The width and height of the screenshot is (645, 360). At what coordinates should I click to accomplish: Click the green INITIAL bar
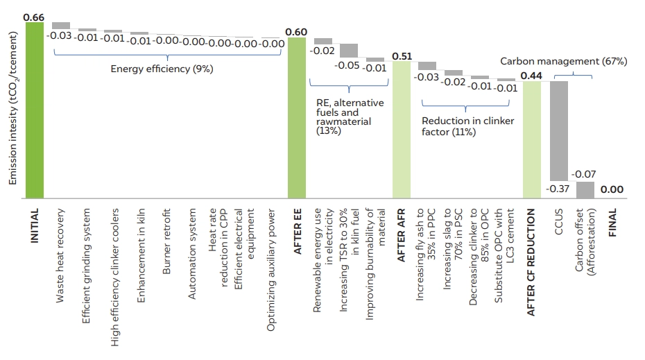(34, 111)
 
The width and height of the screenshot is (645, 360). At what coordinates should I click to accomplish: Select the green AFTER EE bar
(296, 119)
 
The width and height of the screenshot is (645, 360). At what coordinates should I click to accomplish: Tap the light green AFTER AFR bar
(401, 131)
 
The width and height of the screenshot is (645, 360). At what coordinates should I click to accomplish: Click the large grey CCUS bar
(558, 131)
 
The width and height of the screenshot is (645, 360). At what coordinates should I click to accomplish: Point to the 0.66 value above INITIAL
(33, 16)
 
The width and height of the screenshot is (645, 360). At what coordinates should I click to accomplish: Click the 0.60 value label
(296, 32)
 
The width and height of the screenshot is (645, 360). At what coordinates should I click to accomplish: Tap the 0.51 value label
(401, 55)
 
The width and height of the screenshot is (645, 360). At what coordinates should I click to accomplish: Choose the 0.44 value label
(532, 75)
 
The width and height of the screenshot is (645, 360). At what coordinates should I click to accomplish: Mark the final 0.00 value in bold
(612, 189)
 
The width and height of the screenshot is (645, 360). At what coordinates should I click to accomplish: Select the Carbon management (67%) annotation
(563, 61)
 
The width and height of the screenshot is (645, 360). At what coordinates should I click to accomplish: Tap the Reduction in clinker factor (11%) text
(464, 126)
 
